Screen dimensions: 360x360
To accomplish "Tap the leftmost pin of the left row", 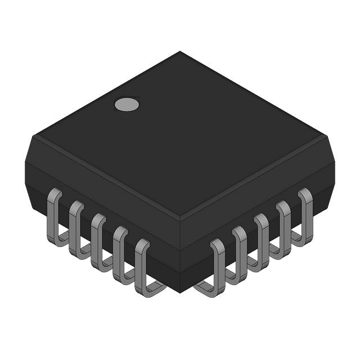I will [x=55, y=216].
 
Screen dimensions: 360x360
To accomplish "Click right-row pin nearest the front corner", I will [x=217, y=268].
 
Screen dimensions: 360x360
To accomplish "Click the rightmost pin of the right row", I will [x=305, y=216].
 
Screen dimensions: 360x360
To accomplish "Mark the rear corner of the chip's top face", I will [x=180, y=52].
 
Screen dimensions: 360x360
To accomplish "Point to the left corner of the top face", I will [x=33, y=135].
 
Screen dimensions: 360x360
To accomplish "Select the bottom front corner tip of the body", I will [x=180, y=292].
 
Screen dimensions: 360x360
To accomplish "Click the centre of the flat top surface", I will [x=180, y=135].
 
